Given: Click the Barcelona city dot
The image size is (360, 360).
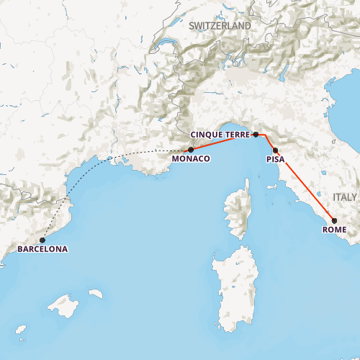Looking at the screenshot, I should [42, 240].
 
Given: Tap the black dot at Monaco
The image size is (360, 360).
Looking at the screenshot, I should [191, 150].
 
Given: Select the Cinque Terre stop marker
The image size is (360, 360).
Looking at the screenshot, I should [256, 135].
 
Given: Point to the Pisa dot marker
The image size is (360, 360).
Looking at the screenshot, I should [276, 150].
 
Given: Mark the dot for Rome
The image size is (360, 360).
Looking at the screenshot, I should [334, 221].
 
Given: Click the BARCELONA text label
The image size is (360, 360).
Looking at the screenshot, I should [42, 250].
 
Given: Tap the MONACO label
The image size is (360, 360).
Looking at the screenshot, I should [191, 158].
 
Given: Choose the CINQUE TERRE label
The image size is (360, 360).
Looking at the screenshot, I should [220, 135].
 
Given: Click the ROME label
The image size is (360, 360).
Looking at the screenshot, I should [335, 230].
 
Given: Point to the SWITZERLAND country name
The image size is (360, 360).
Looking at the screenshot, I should [220, 26].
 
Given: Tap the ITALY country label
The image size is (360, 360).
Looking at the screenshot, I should [344, 197].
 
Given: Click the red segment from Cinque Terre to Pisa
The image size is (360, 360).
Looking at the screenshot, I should [269, 141].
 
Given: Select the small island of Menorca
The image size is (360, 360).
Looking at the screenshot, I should [95, 293].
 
